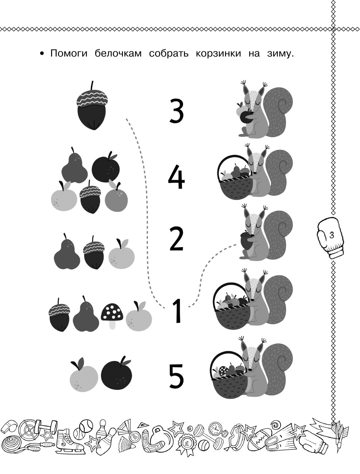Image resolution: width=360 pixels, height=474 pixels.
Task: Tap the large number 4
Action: click(176, 177)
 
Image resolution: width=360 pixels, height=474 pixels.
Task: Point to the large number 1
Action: click(177, 311)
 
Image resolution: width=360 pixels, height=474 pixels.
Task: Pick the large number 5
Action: click(177, 376)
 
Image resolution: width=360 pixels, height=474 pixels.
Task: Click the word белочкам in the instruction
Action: click(118, 53)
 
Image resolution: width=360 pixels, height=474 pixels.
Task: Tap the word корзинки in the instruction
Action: click(218, 54)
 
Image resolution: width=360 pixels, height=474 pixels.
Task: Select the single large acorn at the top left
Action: click(92, 106)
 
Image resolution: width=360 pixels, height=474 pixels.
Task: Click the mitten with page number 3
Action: click(330, 238)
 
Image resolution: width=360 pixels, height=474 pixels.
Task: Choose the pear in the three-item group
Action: click(67, 252)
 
